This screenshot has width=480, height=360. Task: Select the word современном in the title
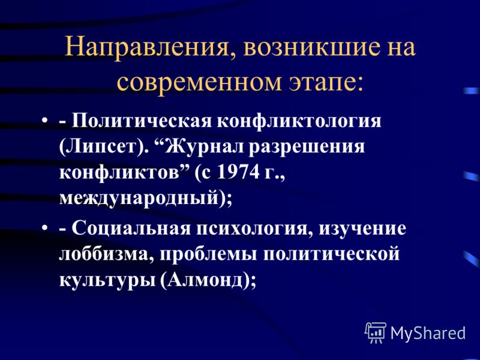click(199, 82)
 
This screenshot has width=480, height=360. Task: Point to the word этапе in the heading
click(323, 83)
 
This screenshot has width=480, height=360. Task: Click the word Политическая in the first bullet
click(142, 121)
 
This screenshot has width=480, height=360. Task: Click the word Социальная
click(131, 229)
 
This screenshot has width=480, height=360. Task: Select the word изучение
click(362, 229)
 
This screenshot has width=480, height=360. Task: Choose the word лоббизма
click(104, 254)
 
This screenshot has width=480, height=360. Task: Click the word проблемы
click(208, 254)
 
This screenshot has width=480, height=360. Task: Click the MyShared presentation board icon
click(376, 332)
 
